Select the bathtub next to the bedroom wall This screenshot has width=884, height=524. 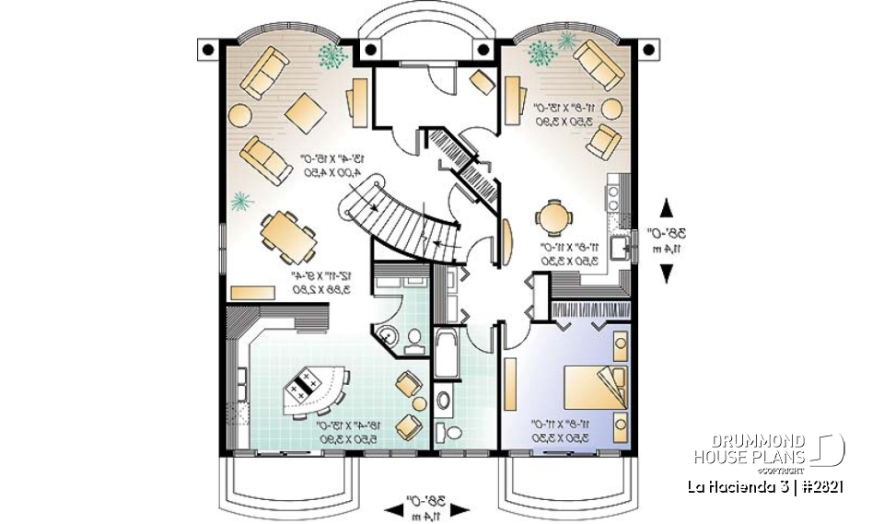447,353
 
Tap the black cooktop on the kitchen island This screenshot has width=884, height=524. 303,388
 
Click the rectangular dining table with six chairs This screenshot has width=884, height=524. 285,235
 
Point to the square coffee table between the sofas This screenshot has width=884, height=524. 306,114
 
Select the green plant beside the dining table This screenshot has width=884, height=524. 241,200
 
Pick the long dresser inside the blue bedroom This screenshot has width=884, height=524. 511,385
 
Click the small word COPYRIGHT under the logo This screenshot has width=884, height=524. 790,469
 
